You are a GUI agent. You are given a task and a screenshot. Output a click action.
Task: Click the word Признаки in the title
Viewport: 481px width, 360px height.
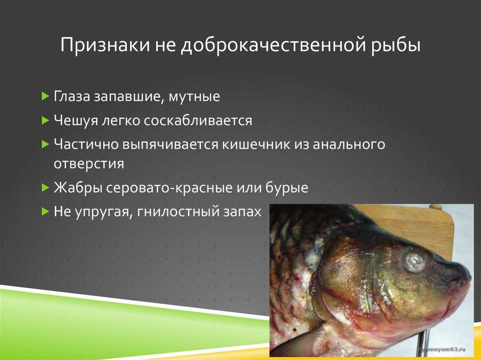(x=105, y=45)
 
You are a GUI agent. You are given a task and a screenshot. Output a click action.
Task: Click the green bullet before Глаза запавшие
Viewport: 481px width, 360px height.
(x=46, y=97)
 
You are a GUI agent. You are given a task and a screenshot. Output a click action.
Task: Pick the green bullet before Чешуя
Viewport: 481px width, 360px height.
(x=46, y=121)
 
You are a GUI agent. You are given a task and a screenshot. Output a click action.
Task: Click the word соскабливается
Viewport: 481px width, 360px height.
(x=198, y=121)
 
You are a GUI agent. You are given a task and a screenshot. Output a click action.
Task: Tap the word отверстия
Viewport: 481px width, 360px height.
(x=89, y=164)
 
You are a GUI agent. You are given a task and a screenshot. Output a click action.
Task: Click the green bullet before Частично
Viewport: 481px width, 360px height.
(x=46, y=145)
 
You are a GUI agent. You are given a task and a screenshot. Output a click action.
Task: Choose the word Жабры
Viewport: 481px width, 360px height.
(x=78, y=187)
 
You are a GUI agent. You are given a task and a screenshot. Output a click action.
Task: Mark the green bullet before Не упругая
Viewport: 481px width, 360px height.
(x=46, y=211)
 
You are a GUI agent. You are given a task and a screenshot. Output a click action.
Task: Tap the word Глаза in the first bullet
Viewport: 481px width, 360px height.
(x=72, y=97)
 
